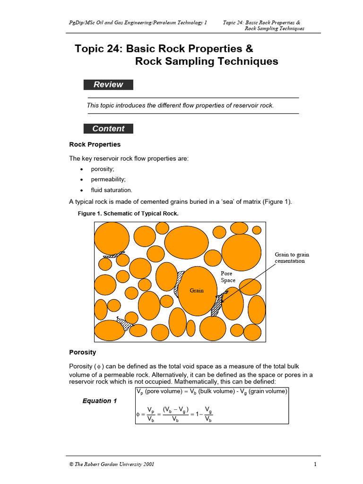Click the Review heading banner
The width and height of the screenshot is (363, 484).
[x=108, y=85]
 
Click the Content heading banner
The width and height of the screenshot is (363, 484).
[x=108, y=129]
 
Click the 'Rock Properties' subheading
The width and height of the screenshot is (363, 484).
[x=95, y=145]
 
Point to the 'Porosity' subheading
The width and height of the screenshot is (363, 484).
[x=83, y=352]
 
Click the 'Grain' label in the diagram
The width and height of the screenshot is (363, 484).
[x=197, y=290]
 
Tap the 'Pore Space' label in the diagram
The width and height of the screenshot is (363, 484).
[x=228, y=277]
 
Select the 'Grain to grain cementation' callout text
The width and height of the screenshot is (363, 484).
[x=292, y=258]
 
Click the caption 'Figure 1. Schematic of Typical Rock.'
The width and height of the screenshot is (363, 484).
[x=128, y=214]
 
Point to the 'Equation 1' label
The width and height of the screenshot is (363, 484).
[x=100, y=401]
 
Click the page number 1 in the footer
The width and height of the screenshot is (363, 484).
[x=315, y=464]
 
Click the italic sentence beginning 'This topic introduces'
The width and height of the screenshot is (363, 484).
[x=180, y=105]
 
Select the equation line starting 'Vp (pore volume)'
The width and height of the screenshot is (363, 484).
[x=211, y=392]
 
